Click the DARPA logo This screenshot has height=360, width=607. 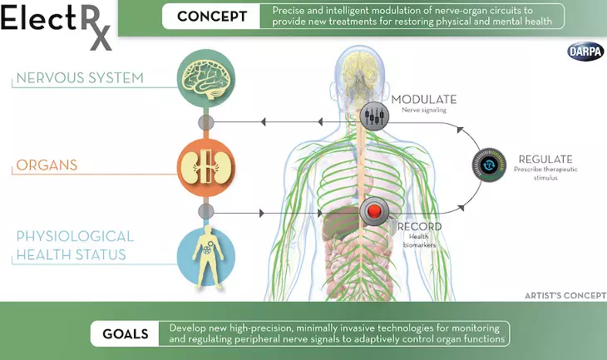(x=586, y=52)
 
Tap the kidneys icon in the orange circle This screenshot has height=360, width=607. (x=206, y=168)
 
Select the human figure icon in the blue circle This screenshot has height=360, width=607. (x=208, y=257)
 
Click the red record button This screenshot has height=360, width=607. (x=374, y=211)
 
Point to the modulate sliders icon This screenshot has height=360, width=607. (x=374, y=116)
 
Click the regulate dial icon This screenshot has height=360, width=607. (x=489, y=165)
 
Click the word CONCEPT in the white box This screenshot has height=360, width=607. (x=212, y=17)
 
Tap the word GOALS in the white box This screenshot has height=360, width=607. (x=126, y=333)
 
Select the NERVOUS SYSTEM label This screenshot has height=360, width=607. (x=80, y=78)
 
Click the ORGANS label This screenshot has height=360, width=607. (x=47, y=165)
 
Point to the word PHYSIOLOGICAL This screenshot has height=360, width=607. (x=75, y=236)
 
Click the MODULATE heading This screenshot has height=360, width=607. (x=424, y=100)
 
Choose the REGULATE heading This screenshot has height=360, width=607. (x=545, y=159)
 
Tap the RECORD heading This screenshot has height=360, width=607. (x=420, y=226)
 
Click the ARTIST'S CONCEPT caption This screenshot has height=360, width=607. (x=565, y=296)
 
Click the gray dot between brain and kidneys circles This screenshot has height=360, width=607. (x=206, y=123)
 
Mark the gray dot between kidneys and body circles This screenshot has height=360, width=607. (x=206, y=212)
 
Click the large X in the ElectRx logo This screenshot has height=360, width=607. (x=101, y=39)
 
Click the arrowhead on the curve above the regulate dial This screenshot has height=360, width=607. (x=460, y=130)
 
